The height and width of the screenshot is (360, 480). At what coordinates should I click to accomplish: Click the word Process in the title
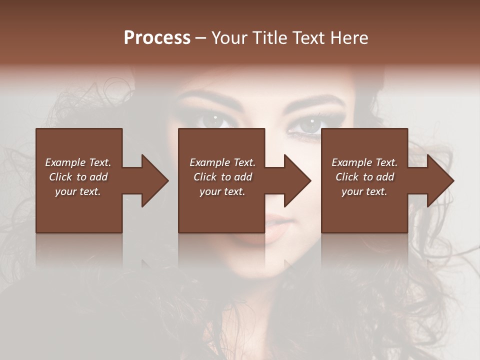point(157,38)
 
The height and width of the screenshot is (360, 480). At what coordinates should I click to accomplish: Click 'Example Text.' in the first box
point(78,162)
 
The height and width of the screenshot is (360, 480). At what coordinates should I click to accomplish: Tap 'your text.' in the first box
point(78,191)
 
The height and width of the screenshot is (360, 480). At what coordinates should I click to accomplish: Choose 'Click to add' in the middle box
point(222,177)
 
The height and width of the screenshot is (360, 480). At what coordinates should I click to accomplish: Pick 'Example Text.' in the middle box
point(222,162)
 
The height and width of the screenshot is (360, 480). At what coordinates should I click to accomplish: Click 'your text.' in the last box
point(364,191)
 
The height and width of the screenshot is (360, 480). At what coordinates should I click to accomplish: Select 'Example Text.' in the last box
point(364,162)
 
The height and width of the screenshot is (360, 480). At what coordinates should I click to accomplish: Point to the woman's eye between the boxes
point(213,120)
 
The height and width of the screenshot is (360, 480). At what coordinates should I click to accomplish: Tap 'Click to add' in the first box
point(78,177)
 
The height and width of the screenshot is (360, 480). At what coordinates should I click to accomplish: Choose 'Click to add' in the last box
point(364,177)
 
